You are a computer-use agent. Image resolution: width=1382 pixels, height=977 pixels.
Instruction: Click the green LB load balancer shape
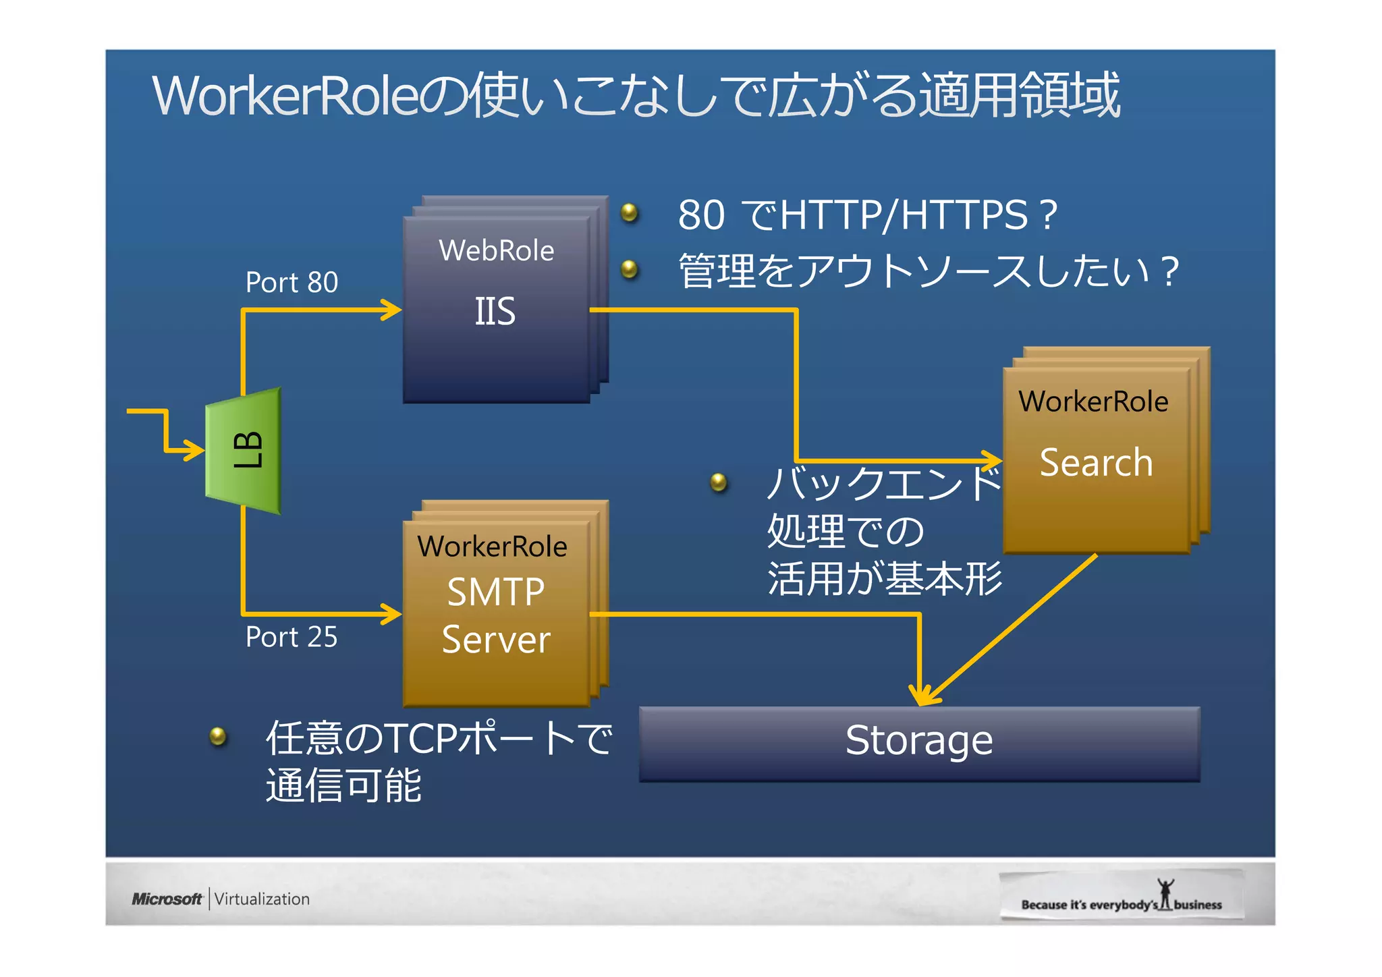tap(244, 451)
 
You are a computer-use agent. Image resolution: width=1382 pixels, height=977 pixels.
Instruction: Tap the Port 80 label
tap(292, 282)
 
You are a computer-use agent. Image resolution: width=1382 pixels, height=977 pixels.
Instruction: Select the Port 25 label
tap(292, 637)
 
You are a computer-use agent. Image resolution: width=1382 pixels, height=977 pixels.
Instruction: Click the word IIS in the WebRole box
tap(495, 312)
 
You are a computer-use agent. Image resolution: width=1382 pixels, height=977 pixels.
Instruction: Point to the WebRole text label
tap(496, 251)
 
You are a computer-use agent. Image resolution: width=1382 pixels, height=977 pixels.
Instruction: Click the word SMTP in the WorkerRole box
tap(496, 592)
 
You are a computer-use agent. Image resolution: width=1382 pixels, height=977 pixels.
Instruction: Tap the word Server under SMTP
tap(496, 640)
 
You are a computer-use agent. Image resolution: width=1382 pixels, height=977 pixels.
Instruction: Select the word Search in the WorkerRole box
tap(1096, 463)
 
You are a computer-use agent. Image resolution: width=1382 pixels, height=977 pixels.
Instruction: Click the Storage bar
tap(919, 742)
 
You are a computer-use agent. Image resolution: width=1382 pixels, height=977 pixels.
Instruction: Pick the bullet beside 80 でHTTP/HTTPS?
tap(630, 213)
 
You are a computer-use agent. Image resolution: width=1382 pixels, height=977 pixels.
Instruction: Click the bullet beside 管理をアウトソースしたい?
tap(630, 270)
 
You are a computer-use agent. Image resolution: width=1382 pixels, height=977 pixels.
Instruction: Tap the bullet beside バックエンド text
tap(719, 482)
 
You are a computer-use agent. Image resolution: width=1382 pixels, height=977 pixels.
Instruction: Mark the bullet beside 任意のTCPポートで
tap(218, 735)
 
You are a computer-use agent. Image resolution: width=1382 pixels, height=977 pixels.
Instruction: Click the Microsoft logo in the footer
tap(167, 899)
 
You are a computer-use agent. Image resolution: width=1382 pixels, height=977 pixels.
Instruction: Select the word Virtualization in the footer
tap(262, 899)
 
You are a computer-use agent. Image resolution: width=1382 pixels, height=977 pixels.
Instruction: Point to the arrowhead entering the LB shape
tap(196, 449)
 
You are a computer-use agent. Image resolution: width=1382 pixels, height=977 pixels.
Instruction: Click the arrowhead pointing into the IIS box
tap(393, 310)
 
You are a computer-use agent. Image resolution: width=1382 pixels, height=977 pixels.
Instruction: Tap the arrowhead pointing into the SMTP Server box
tap(393, 614)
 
